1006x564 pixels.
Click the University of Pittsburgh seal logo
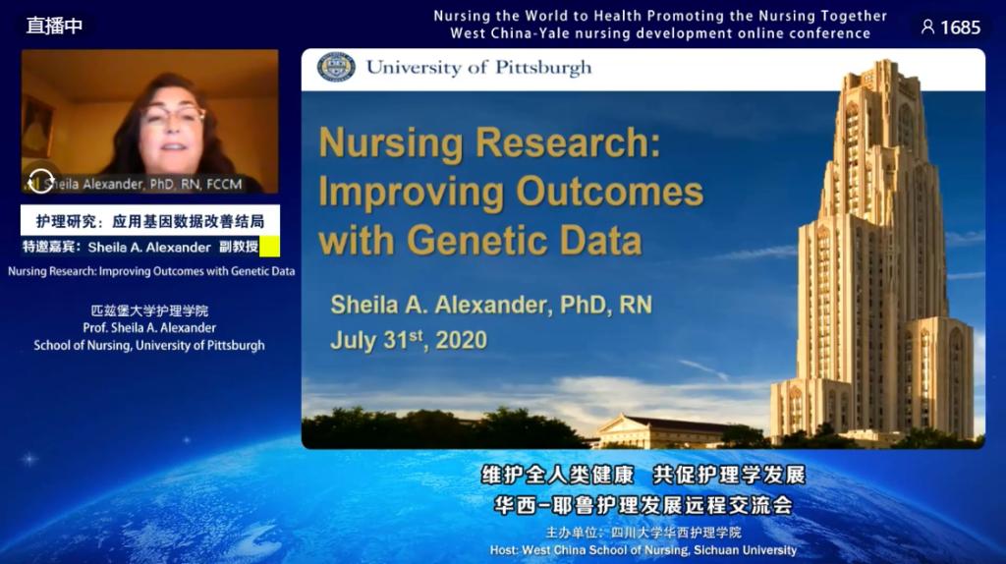(336, 67)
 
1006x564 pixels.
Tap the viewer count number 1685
(961, 28)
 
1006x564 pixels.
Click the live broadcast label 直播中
(55, 26)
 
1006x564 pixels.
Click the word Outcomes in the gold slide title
(609, 192)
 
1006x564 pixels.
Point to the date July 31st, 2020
(409, 339)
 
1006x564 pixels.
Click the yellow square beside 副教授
(269, 247)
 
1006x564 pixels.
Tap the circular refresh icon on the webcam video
(41, 181)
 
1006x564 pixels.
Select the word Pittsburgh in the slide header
(542, 68)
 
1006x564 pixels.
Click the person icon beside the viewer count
(927, 27)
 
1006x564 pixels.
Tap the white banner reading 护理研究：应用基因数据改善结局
(150, 221)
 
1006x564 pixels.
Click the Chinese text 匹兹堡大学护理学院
(149, 310)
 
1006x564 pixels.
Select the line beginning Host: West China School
(643, 550)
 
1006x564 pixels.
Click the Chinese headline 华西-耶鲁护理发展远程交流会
(643, 505)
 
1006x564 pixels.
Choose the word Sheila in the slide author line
(363, 305)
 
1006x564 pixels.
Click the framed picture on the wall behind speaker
(37, 127)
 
